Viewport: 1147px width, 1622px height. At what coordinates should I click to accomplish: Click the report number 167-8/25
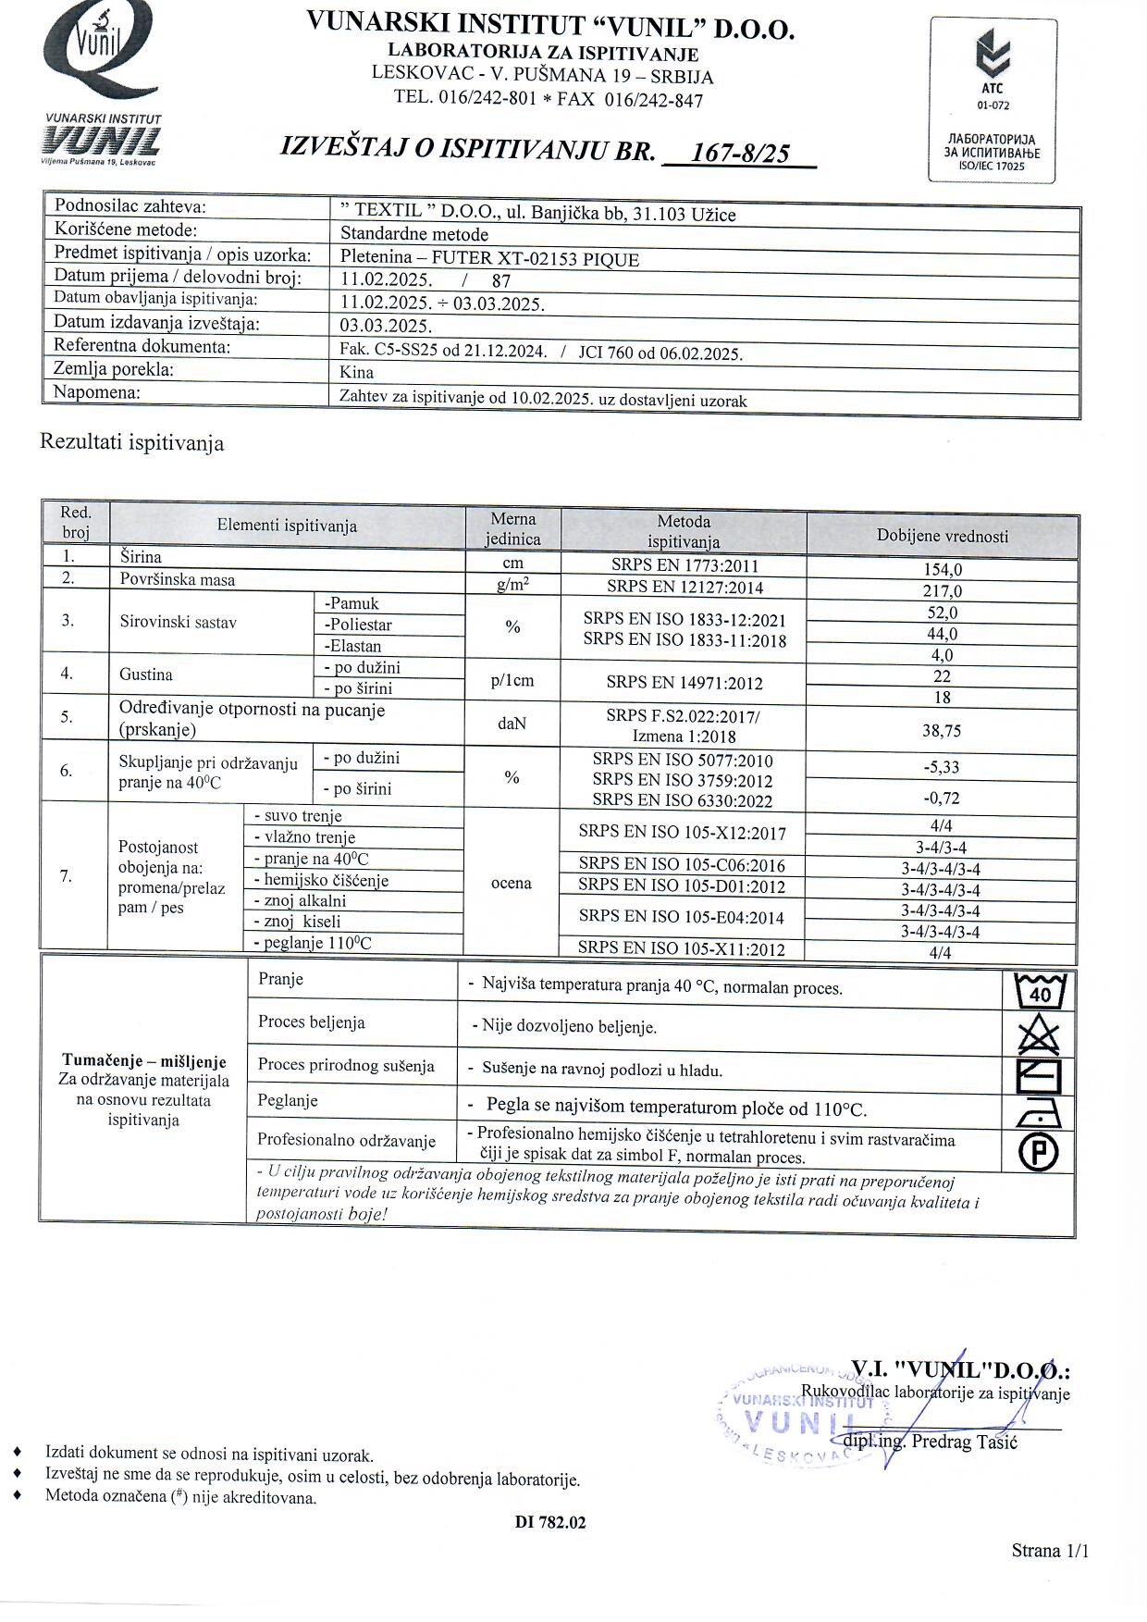coord(740,153)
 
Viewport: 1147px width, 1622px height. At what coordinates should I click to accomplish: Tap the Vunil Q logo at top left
coord(100,56)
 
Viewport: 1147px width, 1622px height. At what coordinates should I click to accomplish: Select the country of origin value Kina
coord(357,373)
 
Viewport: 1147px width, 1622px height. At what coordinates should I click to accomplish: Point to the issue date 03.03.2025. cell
coord(386,326)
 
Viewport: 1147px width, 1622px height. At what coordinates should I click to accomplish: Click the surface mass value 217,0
coord(942,591)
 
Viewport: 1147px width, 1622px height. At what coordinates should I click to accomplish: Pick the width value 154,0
coord(942,570)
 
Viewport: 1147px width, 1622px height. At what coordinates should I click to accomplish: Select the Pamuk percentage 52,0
coord(942,613)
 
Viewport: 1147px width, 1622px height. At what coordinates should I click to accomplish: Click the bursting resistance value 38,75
coord(942,731)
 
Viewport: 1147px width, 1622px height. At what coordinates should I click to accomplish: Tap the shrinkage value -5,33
coord(942,767)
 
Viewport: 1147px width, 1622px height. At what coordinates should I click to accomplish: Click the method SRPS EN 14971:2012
coord(684,684)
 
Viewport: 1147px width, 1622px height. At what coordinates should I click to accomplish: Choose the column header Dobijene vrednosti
coord(942,537)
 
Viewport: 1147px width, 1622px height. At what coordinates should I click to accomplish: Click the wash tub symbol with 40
coord(1040,991)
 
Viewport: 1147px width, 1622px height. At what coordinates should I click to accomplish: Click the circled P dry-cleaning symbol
coord(1039,1152)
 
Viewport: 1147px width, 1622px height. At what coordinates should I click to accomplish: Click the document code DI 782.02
coord(550,1522)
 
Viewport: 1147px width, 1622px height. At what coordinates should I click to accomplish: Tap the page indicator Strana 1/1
coord(1049,1551)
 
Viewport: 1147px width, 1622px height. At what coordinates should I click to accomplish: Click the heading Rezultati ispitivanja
coord(131,443)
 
